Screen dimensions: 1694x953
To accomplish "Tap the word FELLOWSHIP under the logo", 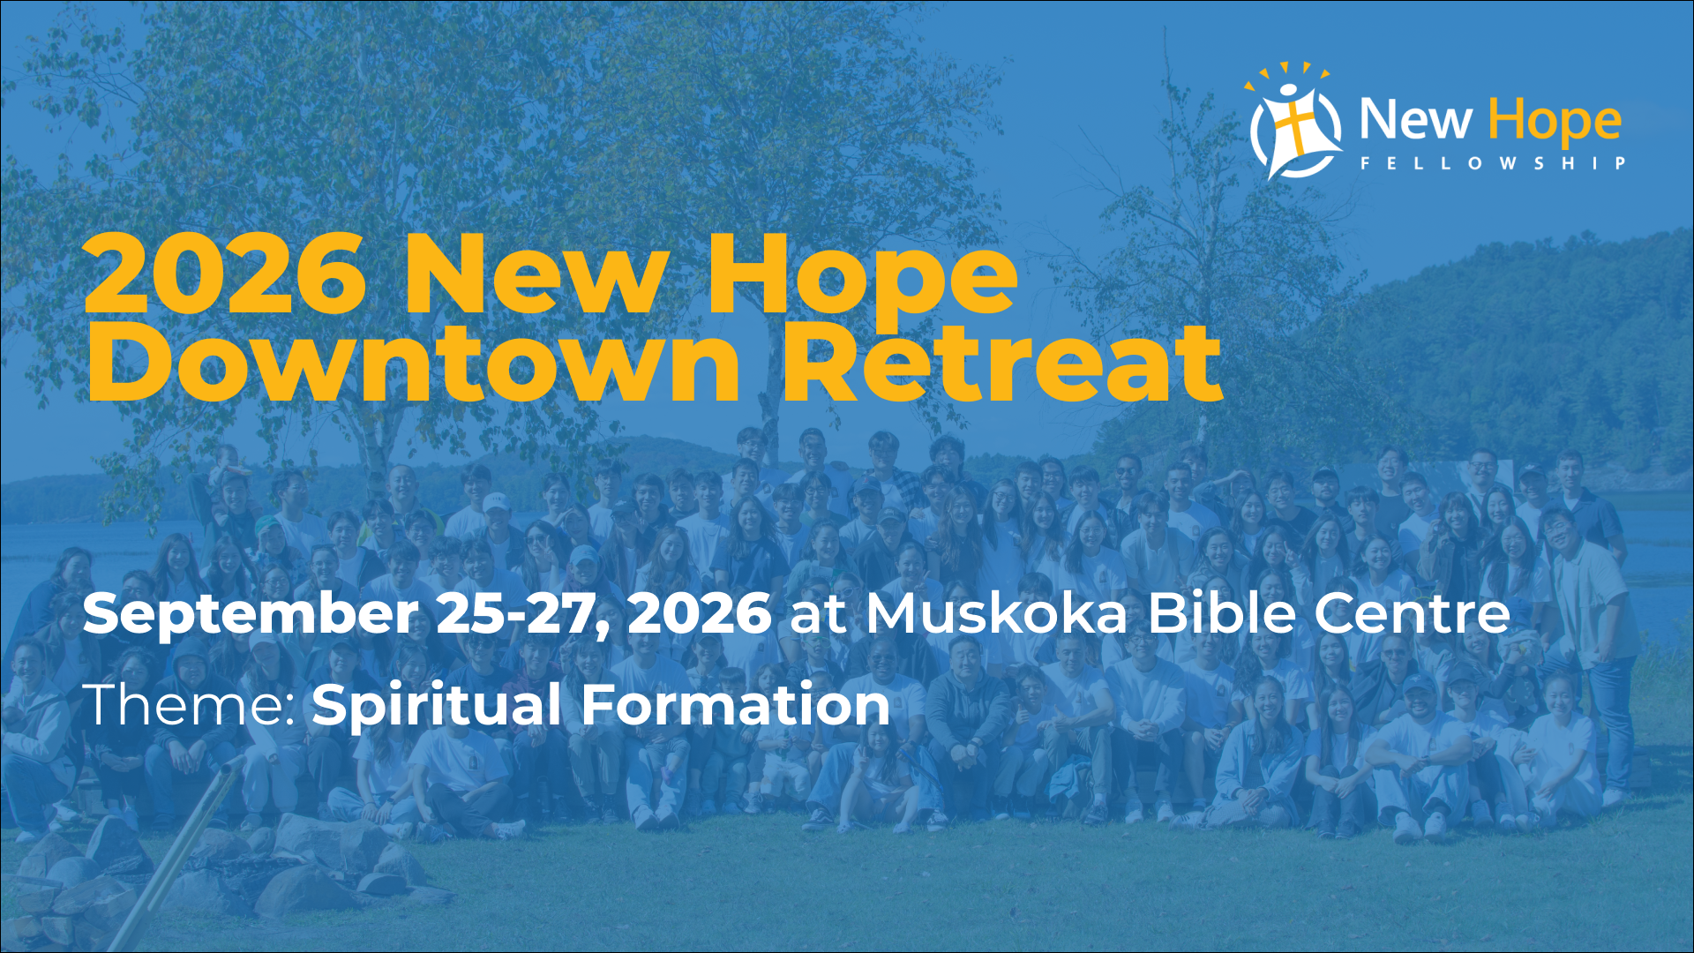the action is (1493, 163).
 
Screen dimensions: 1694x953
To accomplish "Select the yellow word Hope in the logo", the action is (1555, 122).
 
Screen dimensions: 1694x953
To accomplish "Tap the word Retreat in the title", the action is (1001, 362).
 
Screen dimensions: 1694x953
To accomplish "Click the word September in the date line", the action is (251, 614).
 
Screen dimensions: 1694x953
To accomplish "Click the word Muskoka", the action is (996, 613).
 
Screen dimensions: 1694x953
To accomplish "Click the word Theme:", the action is (189, 705).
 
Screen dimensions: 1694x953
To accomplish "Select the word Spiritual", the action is (436, 707).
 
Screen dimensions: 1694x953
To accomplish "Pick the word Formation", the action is (735, 705).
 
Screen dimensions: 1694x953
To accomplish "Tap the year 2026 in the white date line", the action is (700, 614).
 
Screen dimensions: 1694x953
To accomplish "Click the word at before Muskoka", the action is (818, 616).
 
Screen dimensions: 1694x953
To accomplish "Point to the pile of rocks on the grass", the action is (221, 869).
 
